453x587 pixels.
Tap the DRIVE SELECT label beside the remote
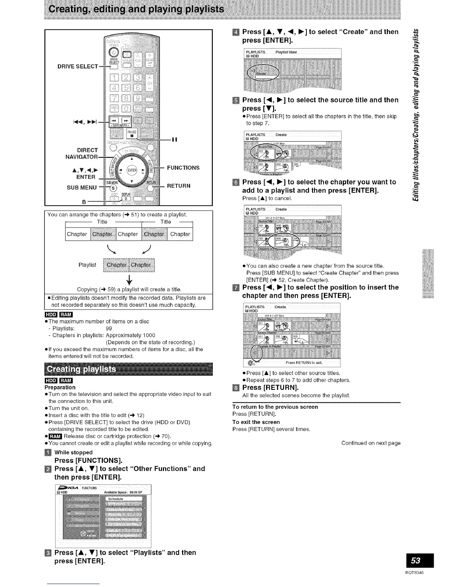[x=78, y=66]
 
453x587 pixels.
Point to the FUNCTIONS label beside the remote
[x=183, y=168]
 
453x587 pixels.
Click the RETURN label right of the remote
[x=179, y=186]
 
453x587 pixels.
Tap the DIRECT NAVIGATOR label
[x=82, y=153]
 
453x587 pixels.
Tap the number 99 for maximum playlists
[x=109, y=328]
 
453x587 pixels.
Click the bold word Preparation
[x=60, y=387]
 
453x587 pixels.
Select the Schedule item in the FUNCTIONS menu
[x=115, y=499]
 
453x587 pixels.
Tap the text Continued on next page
[x=371, y=443]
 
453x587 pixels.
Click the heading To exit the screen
[x=256, y=422]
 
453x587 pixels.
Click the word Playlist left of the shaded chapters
[x=87, y=265]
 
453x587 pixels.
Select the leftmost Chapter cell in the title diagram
[x=77, y=234]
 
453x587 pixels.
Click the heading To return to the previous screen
[x=275, y=407]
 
